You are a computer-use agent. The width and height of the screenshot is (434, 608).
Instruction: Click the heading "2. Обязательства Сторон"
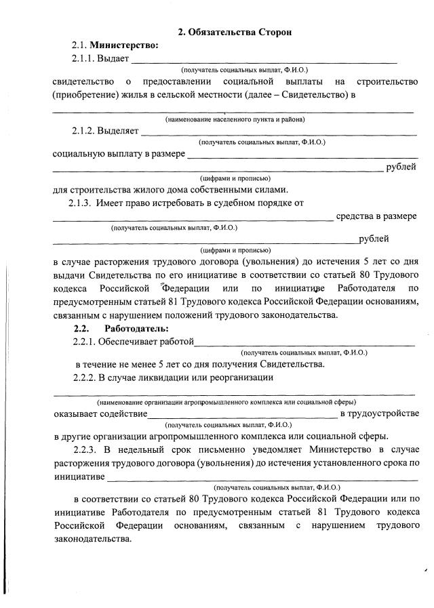235,32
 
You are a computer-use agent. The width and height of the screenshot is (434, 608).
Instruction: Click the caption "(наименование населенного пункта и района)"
235,119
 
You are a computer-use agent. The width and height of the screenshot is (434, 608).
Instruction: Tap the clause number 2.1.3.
81,203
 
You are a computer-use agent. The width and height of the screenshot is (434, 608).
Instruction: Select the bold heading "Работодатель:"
132,329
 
